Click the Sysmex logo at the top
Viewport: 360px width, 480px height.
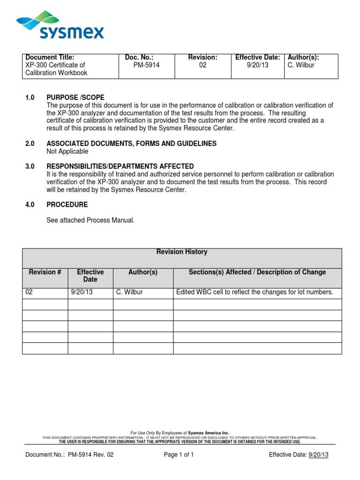tap(60, 26)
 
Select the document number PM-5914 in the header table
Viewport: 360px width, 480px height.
tap(146, 65)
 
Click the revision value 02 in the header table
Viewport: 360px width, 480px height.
tap(202, 65)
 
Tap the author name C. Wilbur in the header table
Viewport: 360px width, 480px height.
tap(301, 65)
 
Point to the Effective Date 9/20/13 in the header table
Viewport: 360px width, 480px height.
tap(257, 65)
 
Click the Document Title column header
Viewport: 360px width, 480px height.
tap(50, 57)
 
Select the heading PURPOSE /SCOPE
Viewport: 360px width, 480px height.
tap(75, 97)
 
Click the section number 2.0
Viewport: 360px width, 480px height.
tap(30, 143)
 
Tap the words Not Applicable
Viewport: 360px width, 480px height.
tap(67, 151)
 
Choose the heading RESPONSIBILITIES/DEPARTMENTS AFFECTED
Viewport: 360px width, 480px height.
tap(120, 166)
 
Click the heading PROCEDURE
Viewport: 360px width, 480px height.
tap(67, 205)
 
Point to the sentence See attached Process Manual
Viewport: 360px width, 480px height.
tap(90, 220)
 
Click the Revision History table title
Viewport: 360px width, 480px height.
tap(182, 252)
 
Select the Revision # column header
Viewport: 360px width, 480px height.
tap(45, 272)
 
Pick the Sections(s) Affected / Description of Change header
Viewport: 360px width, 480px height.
tap(257, 272)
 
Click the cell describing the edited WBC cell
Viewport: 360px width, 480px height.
tap(255, 292)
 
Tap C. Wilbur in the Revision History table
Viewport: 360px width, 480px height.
tap(130, 292)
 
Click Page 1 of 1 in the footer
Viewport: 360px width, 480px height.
tap(179, 455)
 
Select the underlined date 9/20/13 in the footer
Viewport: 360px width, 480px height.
tap(318, 455)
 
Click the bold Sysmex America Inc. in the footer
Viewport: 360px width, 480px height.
tap(209, 433)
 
